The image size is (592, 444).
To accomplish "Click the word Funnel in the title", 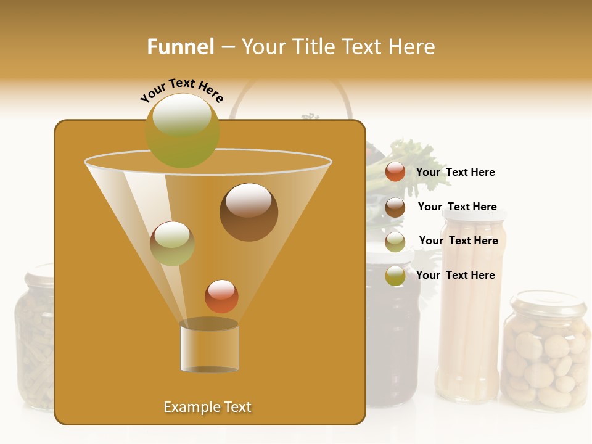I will pyautogui.click(x=180, y=47).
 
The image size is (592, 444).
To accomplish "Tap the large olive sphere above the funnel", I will pyautogui.click(x=183, y=130).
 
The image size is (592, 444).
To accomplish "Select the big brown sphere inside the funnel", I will pyautogui.click(x=249, y=212).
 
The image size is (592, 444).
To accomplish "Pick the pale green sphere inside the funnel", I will pyautogui.click(x=172, y=244).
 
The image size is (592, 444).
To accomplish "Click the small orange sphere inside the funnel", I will pyautogui.click(x=221, y=296).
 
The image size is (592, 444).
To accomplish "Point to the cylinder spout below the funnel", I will pyautogui.click(x=209, y=347).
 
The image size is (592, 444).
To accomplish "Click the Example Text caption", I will pyautogui.click(x=208, y=407).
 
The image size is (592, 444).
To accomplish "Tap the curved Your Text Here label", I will pyautogui.click(x=181, y=90).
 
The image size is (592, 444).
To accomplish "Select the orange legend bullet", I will pyautogui.click(x=395, y=172).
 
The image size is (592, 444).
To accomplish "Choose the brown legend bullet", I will pyautogui.click(x=395, y=207).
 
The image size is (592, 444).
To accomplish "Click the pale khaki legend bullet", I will pyautogui.click(x=395, y=241).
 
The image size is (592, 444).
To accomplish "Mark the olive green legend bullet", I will pyautogui.click(x=395, y=276).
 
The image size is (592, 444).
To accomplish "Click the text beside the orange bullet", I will pyautogui.click(x=455, y=172).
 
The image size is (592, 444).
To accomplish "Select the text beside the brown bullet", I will pyautogui.click(x=457, y=207).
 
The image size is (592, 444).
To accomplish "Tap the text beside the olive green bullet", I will pyautogui.click(x=455, y=275).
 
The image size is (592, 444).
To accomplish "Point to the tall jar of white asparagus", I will pyautogui.click(x=469, y=308).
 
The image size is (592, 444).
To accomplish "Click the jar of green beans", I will pyautogui.click(x=35, y=339).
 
